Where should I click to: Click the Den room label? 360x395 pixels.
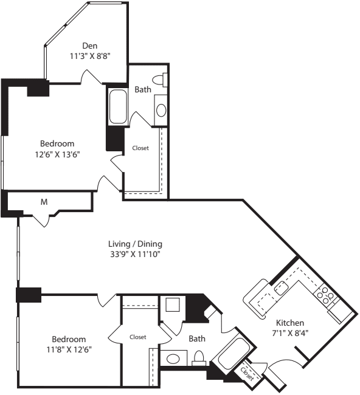90,46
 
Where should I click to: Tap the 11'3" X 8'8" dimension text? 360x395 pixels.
90,56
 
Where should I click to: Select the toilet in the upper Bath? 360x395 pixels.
160,80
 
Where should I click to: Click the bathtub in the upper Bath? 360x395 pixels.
118,106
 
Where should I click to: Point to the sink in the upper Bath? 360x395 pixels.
161,111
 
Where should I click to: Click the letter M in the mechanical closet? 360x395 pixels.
44,202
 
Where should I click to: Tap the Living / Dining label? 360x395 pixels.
135,244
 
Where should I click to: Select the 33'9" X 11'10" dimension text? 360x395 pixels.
135,254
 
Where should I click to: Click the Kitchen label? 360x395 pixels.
290,323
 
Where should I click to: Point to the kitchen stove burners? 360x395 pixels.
325,295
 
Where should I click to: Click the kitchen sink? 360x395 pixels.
282,287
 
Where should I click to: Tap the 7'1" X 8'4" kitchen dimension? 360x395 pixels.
290,333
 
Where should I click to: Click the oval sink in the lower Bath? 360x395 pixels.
173,359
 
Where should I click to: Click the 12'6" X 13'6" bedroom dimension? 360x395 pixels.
57,154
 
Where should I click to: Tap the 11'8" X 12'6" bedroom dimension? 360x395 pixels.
69,349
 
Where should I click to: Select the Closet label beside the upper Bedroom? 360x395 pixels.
140,148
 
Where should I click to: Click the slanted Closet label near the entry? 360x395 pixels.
247,374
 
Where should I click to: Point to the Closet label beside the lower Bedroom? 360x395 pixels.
138,337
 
